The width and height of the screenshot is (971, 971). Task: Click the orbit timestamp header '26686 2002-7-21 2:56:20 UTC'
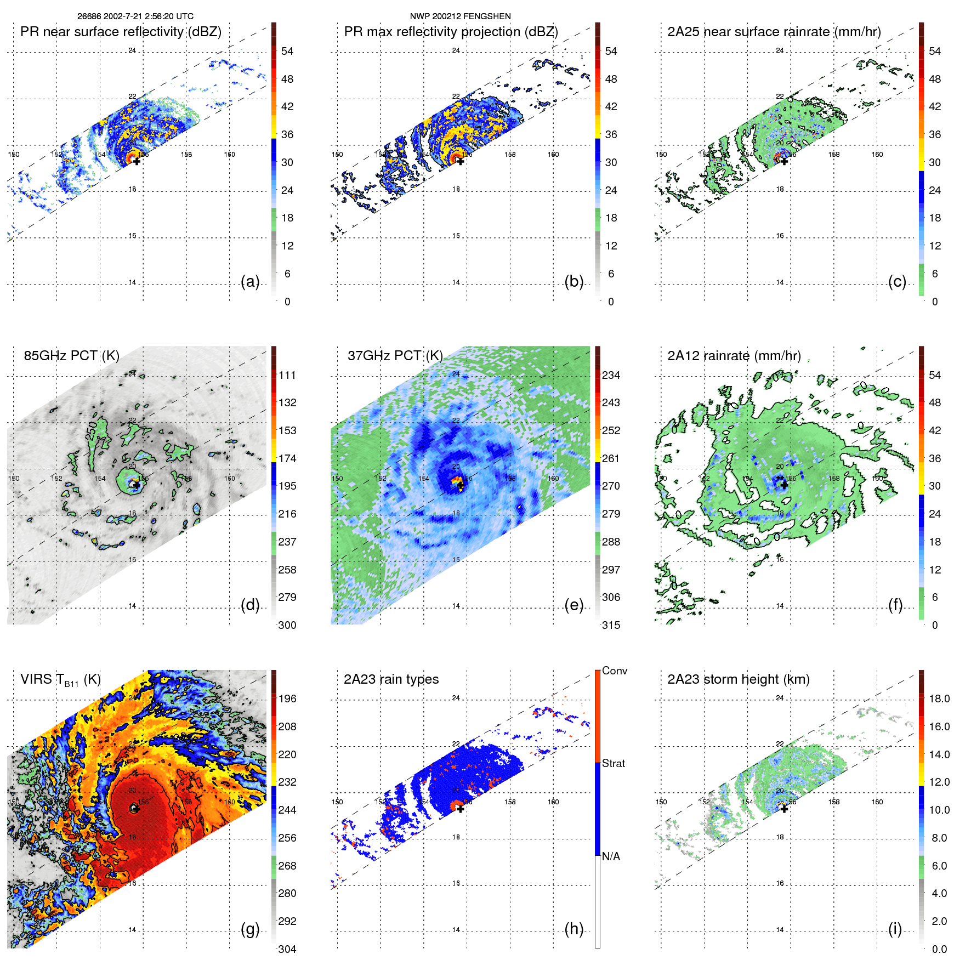(135, 16)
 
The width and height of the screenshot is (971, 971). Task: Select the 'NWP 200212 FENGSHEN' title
(460, 16)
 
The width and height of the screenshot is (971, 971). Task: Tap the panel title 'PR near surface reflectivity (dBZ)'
(121, 32)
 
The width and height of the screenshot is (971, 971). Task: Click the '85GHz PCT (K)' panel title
(71, 356)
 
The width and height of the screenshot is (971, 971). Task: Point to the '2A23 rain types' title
(391, 679)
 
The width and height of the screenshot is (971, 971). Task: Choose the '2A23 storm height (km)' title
(739, 679)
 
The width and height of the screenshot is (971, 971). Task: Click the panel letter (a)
(250, 282)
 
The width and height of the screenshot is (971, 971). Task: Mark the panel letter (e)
(574, 605)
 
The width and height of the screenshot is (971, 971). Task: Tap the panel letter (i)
(895, 929)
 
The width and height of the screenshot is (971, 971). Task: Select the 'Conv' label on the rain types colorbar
(614, 671)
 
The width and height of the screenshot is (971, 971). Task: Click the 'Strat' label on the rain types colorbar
(613, 763)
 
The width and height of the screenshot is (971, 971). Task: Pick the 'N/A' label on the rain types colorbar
(611, 856)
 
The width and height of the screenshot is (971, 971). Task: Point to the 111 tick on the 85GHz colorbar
(287, 375)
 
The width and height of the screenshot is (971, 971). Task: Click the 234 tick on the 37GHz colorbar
(611, 375)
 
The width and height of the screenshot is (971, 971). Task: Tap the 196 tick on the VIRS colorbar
(287, 699)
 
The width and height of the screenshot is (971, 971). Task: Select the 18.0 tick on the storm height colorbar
(939, 699)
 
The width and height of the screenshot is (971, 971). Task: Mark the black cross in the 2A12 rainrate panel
(784, 485)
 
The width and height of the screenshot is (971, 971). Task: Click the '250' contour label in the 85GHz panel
(92, 430)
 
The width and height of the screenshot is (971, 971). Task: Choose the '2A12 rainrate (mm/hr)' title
(734, 356)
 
